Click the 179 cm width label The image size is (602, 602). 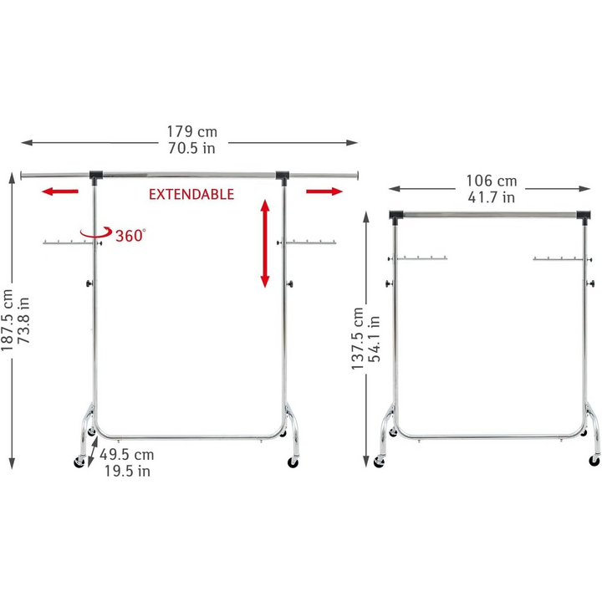pyautogui.click(x=191, y=131)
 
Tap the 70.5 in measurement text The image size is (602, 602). pyautogui.click(x=191, y=149)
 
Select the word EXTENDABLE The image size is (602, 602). pyautogui.click(x=191, y=194)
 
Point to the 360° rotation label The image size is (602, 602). pyautogui.click(x=130, y=236)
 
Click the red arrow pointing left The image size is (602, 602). pyautogui.click(x=60, y=191)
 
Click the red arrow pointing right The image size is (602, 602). pyautogui.click(x=324, y=191)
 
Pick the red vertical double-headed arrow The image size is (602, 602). pyautogui.click(x=264, y=243)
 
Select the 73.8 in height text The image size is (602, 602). pyautogui.click(x=26, y=321)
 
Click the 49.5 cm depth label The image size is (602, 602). pyautogui.click(x=127, y=455)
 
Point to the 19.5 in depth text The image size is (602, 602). pyautogui.click(x=125, y=472)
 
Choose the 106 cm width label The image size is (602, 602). pyautogui.click(x=492, y=181)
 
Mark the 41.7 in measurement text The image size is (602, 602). pyautogui.click(x=492, y=198)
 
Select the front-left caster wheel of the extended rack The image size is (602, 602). pyautogui.click(x=80, y=461)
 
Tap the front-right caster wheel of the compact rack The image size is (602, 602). pyautogui.click(x=594, y=460)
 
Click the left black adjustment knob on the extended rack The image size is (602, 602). pyautogui.click(x=89, y=284)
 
